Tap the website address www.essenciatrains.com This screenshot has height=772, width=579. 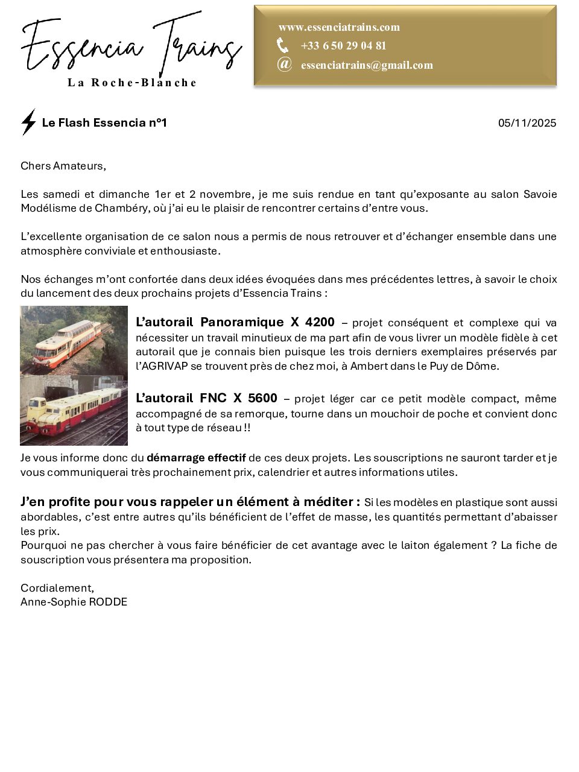[339, 27]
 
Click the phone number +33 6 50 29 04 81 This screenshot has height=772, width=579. [343, 46]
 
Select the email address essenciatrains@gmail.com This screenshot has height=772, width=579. [367, 65]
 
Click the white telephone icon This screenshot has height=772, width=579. [282, 45]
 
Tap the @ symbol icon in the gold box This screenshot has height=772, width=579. [284, 64]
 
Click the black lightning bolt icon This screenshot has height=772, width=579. [28, 122]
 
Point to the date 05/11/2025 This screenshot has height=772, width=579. [527, 123]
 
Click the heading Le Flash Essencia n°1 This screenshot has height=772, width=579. [104, 123]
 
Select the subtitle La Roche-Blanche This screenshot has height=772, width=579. [132, 83]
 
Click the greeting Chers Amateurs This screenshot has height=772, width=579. [63, 166]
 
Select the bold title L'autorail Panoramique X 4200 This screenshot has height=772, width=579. [235, 322]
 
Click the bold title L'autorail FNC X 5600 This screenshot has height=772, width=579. [207, 398]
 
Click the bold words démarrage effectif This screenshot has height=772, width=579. [196, 458]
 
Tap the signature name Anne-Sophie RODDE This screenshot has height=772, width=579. [74, 602]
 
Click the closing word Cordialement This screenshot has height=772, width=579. [57, 587]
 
